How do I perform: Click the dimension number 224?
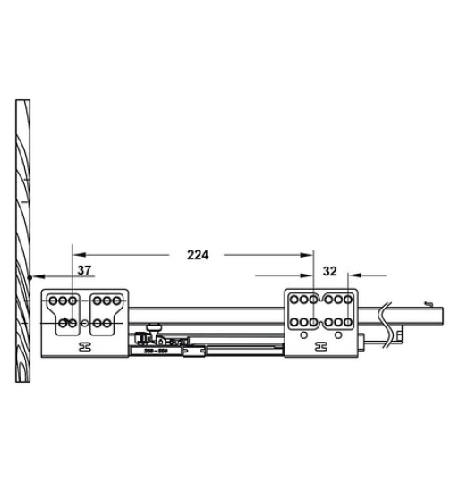pyautogui.click(x=198, y=255)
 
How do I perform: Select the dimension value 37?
pyautogui.click(x=82, y=270)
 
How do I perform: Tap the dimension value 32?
pyautogui.click(x=329, y=271)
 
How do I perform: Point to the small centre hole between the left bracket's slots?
pyautogui.click(x=83, y=321)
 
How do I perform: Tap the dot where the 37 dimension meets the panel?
pyautogui.click(x=30, y=277)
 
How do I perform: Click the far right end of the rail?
pyautogui.click(x=440, y=314)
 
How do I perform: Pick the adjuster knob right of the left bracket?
pyautogui.click(x=155, y=330)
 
